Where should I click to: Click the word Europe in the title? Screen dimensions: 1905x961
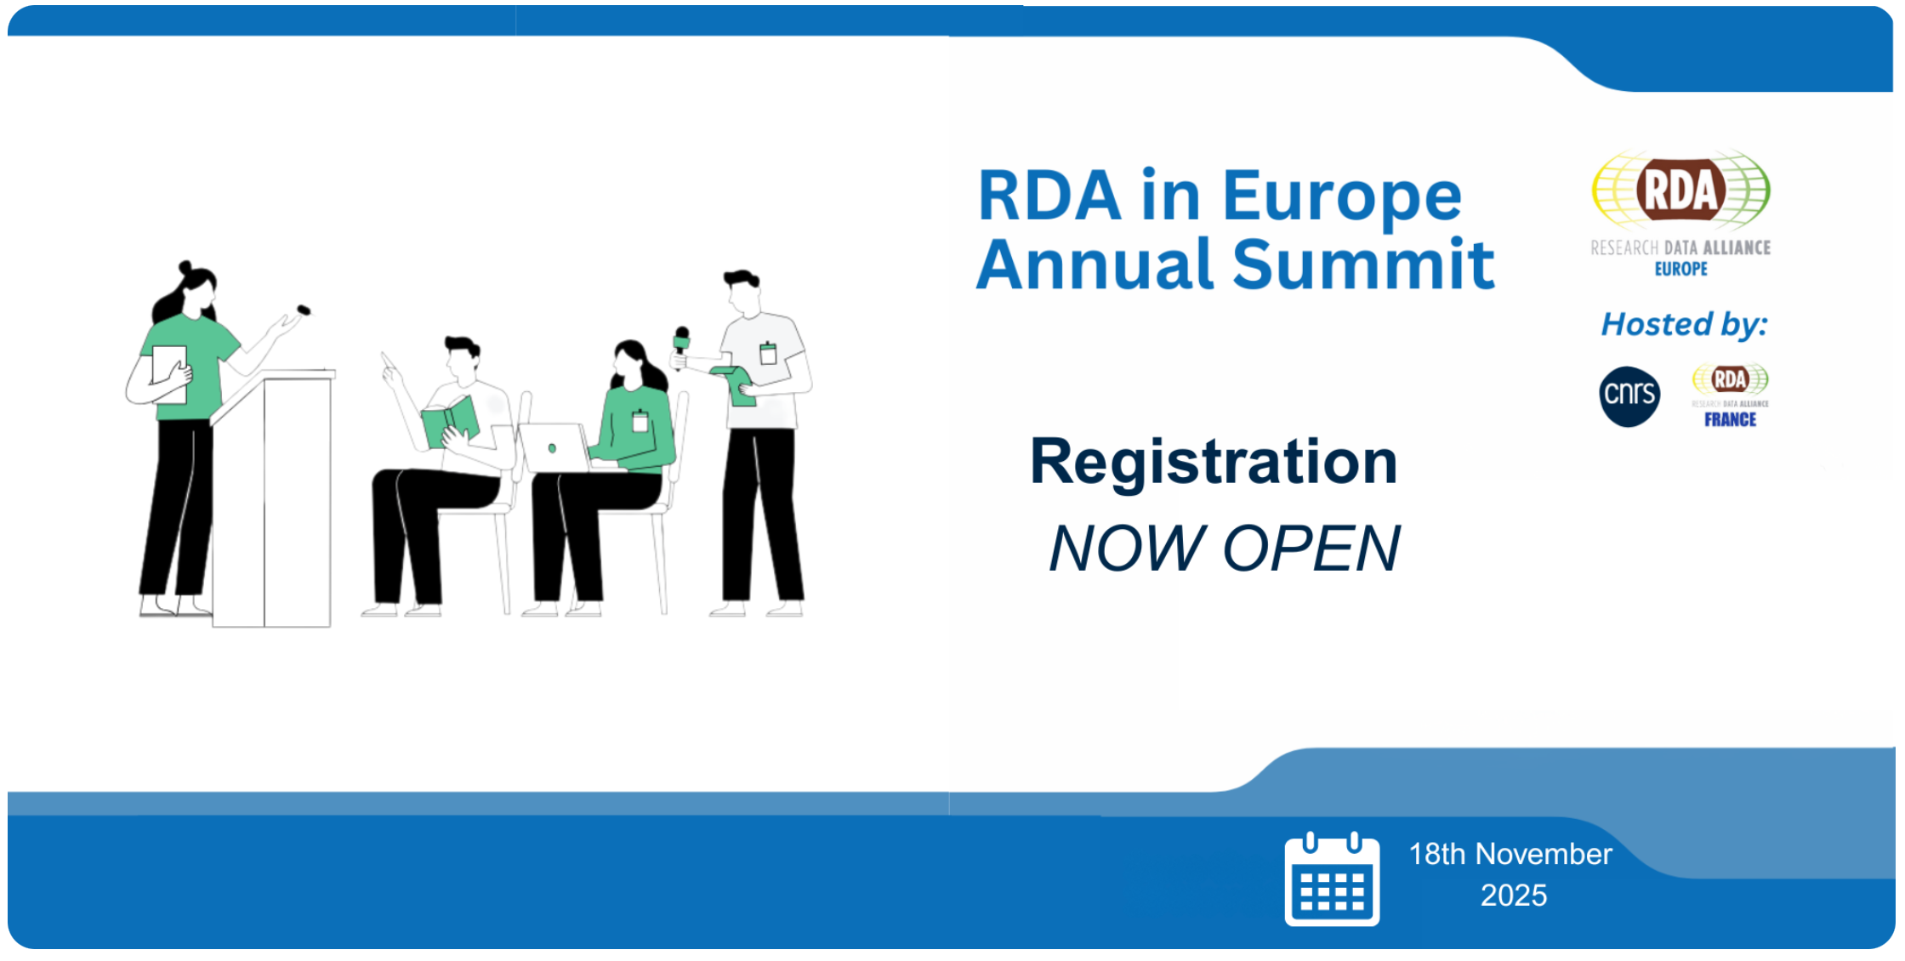tap(1342, 197)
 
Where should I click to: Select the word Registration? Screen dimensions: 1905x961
tap(1214, 462)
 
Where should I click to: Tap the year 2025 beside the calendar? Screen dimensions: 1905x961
tap(1514, 896)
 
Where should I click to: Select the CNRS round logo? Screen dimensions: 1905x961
tap(1629, 396)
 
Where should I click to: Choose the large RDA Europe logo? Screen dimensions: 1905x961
tap(1680, 213)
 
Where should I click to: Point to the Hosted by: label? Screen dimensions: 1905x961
tap(1684, 324)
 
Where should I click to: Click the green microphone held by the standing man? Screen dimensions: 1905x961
tap(680, 344)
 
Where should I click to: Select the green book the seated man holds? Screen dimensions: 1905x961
tap(451, 421)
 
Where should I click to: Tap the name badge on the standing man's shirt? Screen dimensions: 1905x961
tap(768, 352)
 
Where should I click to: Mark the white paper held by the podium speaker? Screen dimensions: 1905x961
tap(169, 374)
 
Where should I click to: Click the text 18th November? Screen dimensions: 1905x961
tap(1510, 854)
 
